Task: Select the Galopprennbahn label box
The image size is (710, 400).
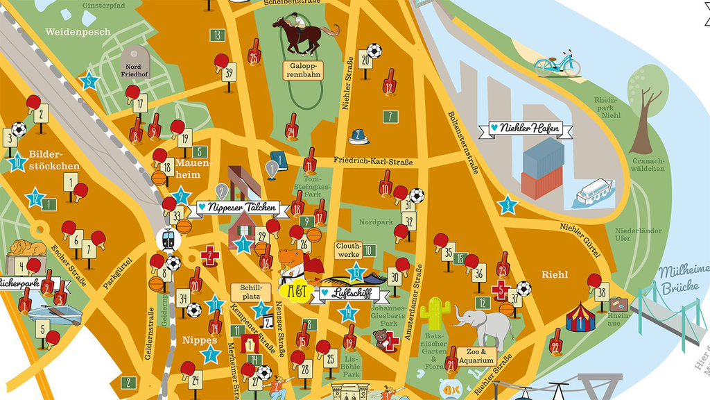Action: tap(303, 69)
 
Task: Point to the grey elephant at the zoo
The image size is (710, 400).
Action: tap(486, 324)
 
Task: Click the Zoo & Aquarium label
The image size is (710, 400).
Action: tap(476, 356)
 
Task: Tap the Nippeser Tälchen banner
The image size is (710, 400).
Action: tap(237, 207)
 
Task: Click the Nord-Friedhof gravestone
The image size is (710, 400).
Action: tap(135, 62)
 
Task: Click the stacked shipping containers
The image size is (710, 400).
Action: tap(543, 168)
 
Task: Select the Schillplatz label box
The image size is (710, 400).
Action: tap(249, 292)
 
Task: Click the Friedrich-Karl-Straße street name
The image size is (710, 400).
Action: tap(372, 162)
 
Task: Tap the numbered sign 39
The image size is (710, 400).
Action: tap(229, 72)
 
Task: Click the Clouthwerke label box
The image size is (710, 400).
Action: tap(348, 250)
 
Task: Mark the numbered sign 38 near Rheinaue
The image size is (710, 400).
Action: tap(602, 293)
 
